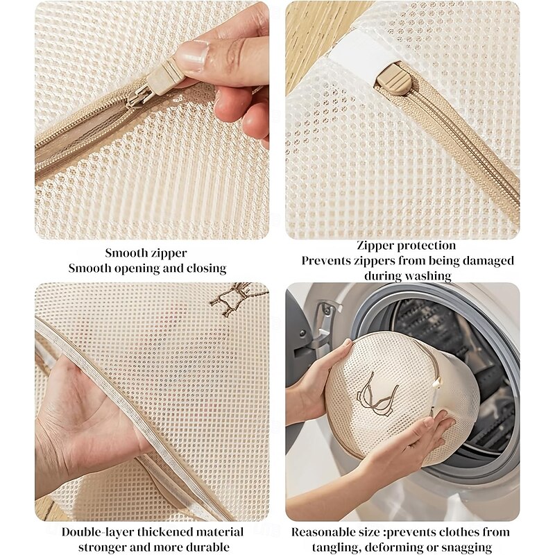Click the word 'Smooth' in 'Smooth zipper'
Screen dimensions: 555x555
tap(126, 253)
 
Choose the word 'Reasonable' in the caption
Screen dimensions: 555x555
tap(324, 532)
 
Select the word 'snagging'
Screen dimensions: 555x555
tap(466, 548)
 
